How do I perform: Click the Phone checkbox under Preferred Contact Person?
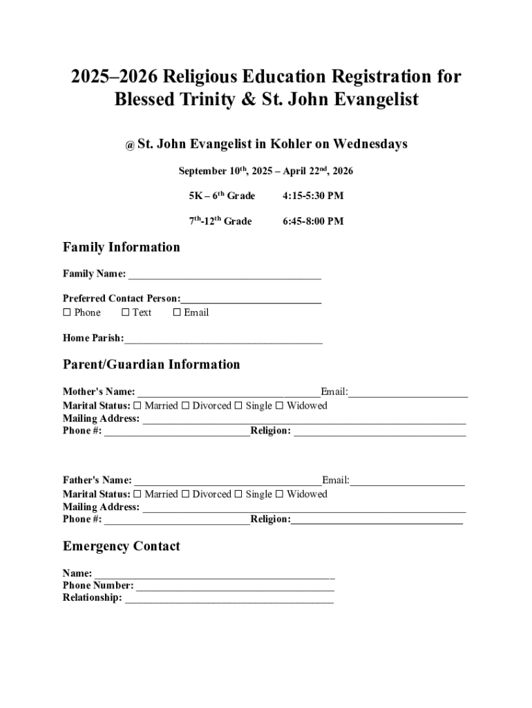pos(67,313)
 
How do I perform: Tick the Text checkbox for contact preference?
pos(125,313)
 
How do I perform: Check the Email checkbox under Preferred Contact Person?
pos(177,313)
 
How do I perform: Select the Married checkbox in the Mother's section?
pos(137,406)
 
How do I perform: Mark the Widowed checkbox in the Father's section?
pos(280,494)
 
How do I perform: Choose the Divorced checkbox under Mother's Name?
pos(185,406)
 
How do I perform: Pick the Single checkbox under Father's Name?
pos(238,494)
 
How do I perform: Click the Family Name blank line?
pos(224,275)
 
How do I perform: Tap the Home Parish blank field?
pos(223,339)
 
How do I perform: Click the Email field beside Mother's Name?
pos(408,393)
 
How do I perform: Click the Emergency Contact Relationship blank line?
pos(229,599)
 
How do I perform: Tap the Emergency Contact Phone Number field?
pos(235,587)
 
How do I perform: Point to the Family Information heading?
pos(122,248)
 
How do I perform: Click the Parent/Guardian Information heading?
pos(151,364)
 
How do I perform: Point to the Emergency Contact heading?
pos(122,546)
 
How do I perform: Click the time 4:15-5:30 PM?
pos(313,196)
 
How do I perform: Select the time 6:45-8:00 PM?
pos(313,222)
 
